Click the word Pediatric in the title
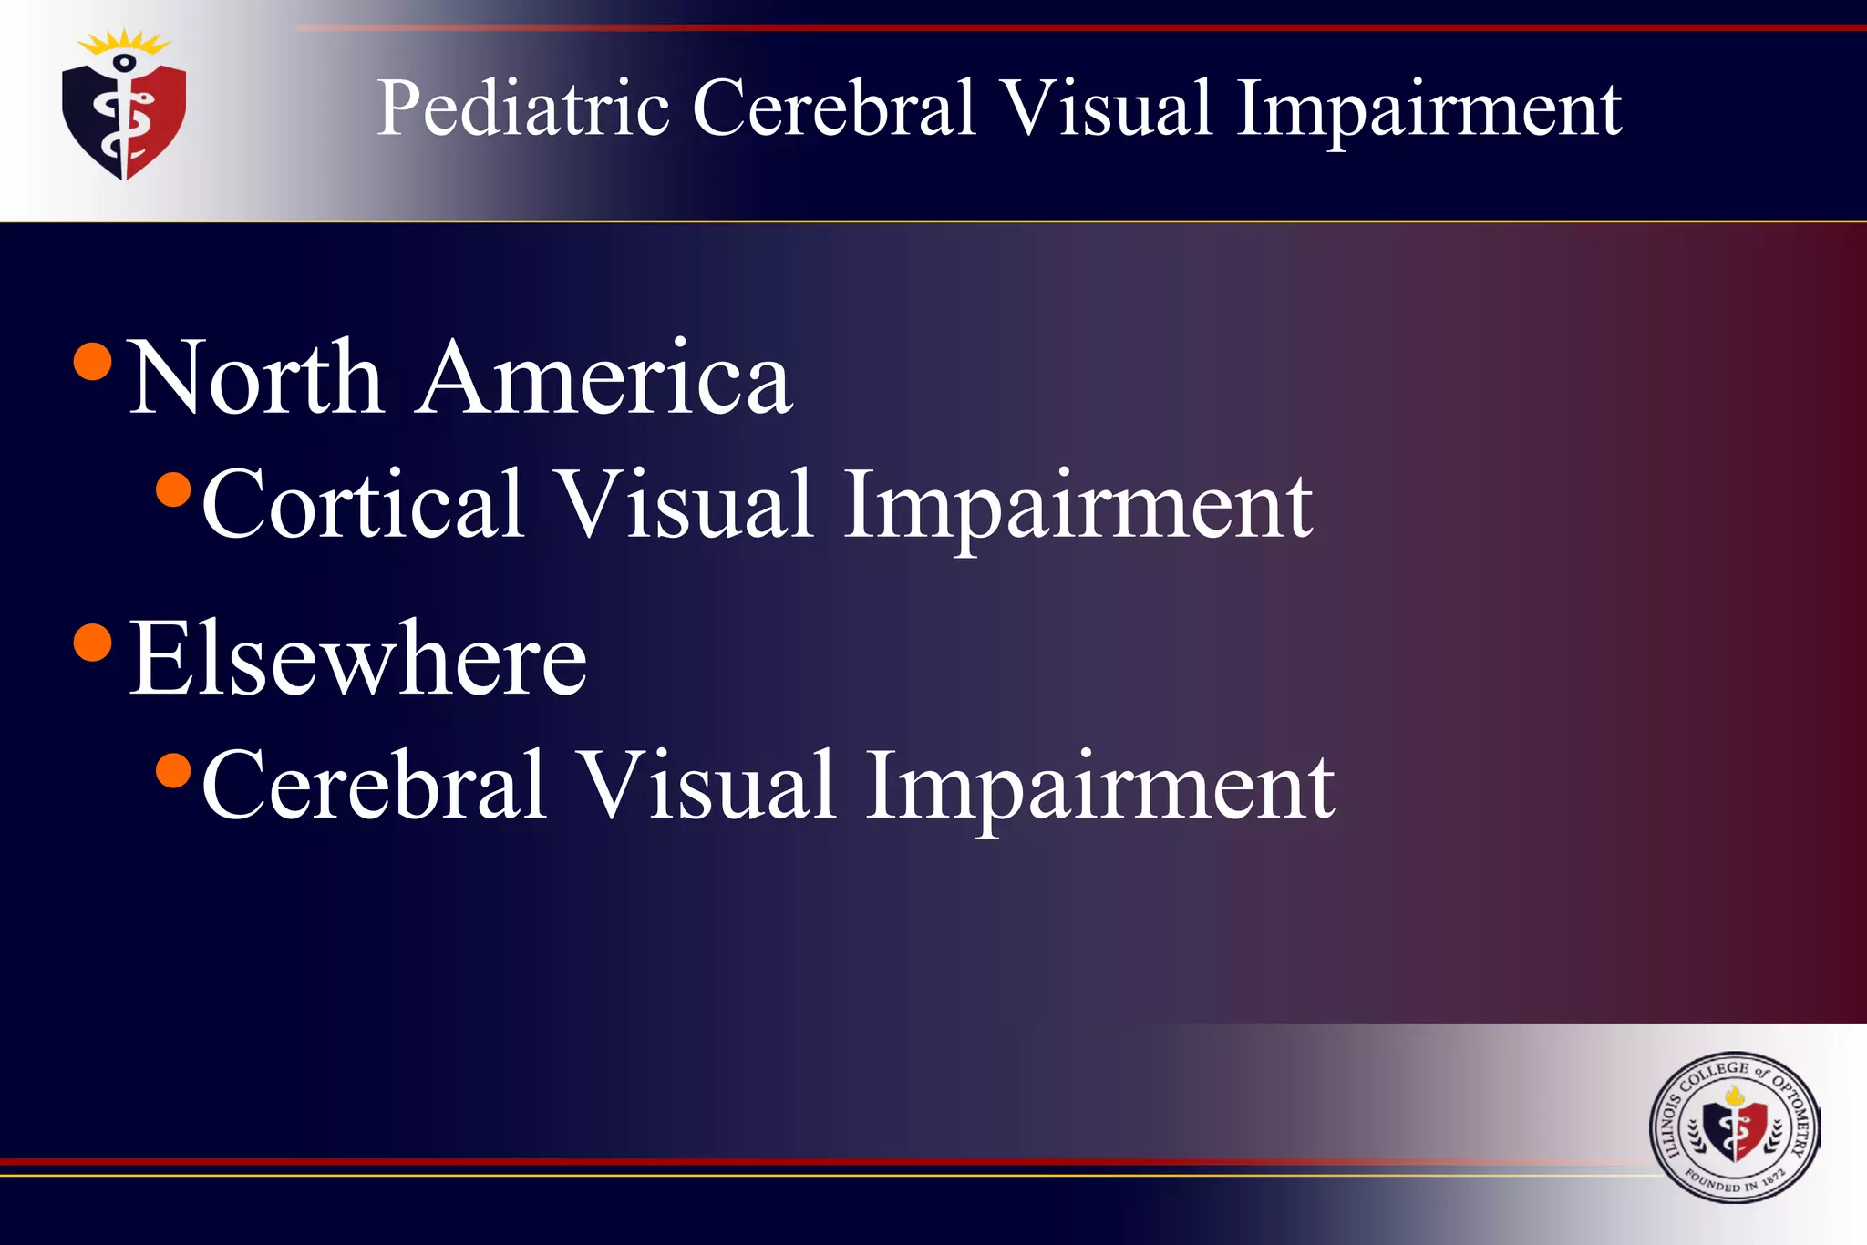pos(523,109)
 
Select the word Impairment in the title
pos(1429,109)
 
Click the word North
pos(255,377)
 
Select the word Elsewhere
pos(358,658)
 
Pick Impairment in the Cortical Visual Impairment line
pos(1078,505)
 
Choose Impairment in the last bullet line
pos(1100,786)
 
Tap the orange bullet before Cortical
pos(173,489)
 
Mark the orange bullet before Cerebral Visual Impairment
pos(173,770)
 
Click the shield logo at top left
pos(124,118)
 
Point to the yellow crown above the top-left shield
pos(124,42)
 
